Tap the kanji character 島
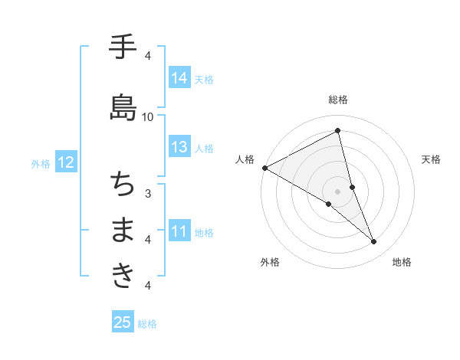pyautogui.click(x=123, y=107)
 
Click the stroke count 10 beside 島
pyautogui.click(x=148, y=116)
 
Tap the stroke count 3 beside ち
pyautogui.click(x=148, y=193)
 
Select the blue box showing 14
pyautogui.click(x=179, y=78)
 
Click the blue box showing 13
pyautogui.click(x=179, y=148)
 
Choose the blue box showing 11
pyautogui.click(x=179, y=231)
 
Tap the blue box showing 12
pyautogui.click(x=66, y=162)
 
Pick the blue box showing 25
pyautogui.click(x=123, y=322)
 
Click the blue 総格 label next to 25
pyautogui.click(x=147, y=324)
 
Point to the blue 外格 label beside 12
pyautogui.click(x=41, y=163)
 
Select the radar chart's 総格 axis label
pyautogui.click(x=338, y=100)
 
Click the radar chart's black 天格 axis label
pyautogui.click(x=432, y=159)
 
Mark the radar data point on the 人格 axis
pyautogui.click(x=264, y=168)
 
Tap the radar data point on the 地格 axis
pyautogui.click(x=374, y=242)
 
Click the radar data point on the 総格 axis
pyautogui.click(x=338, y=130)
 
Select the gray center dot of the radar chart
pyautogui.click(x=338, y=191)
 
